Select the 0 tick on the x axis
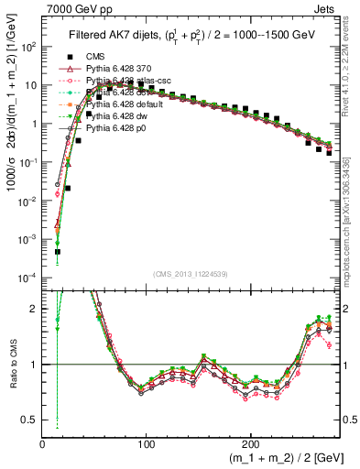tap(43, 444)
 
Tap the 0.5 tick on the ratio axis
tap(29, 420)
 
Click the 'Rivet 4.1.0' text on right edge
tap(353, 64)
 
